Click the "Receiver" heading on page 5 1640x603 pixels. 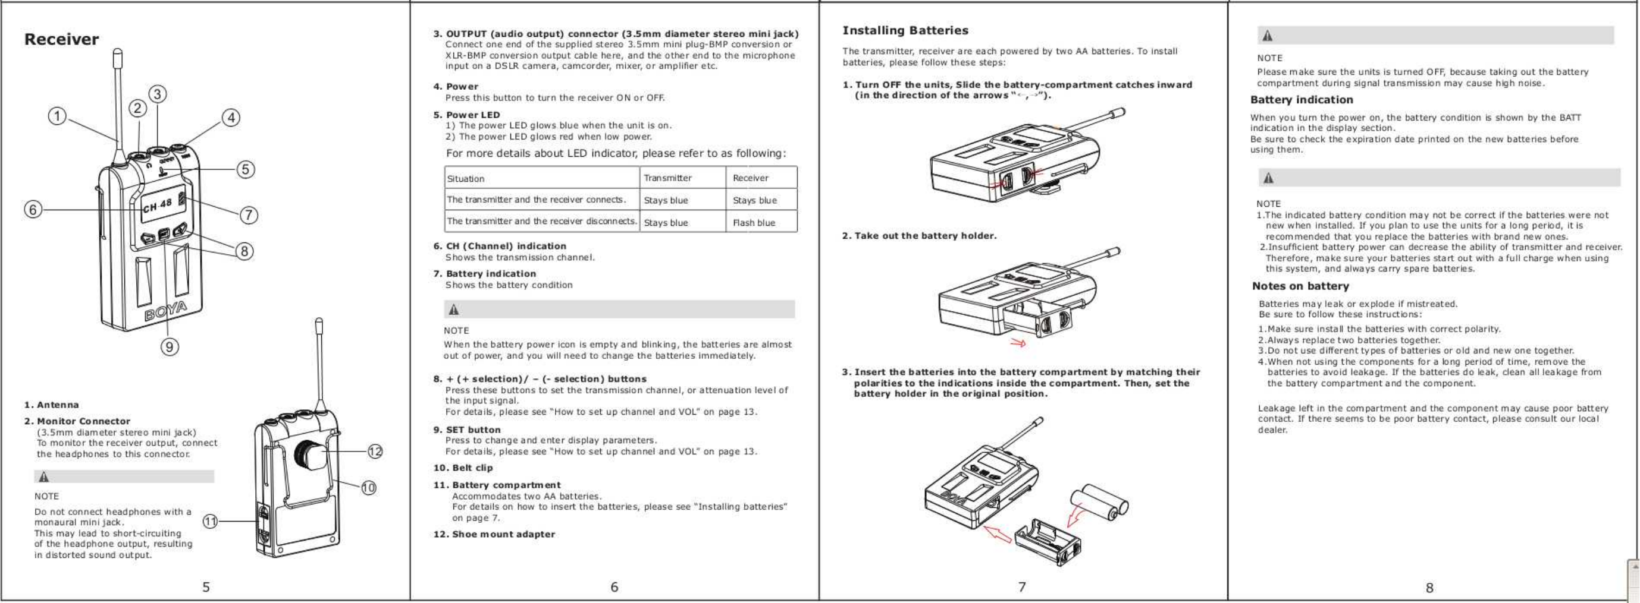(61, 39)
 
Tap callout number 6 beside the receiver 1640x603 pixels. (33, 209)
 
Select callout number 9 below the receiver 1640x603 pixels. (169, 347)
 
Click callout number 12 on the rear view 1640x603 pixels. (375, 452)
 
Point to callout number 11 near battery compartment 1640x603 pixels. (210, 522)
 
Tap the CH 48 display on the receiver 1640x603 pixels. (157, 205)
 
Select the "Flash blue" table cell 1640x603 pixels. (754, 223)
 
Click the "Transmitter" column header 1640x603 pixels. (667, 178)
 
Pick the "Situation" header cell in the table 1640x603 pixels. (465, 179)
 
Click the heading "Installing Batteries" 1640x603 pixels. (905, 30)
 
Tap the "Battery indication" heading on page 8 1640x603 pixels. (1302, 100)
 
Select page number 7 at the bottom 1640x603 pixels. (1022, 586)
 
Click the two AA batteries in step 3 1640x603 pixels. (1098, 501)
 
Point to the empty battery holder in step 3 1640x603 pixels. (1046, 542)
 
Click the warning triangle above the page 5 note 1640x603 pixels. (44, 476)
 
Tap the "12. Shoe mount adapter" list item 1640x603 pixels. (494, 534)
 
